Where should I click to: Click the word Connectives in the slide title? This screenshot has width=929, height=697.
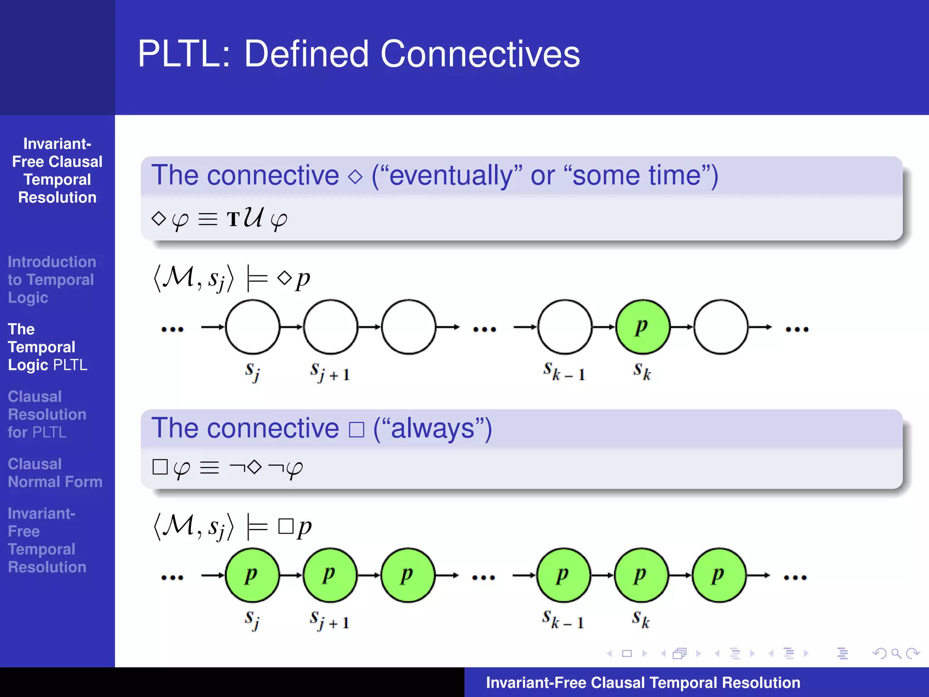(x=480, y=54)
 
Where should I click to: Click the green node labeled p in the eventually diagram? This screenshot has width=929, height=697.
(x=642, y=327)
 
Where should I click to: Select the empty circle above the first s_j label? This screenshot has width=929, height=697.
(x=253, y=327)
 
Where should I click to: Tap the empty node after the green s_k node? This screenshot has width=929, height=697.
(x=720, y=327)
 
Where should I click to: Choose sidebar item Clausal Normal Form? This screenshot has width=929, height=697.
(x=54, y=473)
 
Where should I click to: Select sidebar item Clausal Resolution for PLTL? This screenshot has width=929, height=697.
(x=47, y=414)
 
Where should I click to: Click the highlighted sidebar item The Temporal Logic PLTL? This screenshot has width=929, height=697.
(x=47, y=347)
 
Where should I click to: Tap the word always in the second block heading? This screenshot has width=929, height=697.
(x=432, y=428)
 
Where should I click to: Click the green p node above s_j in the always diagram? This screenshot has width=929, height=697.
(x=252, y=575)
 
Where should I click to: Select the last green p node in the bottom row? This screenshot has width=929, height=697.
(x=719, y=575)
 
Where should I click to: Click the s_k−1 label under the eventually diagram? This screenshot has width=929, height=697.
(x=564, y=372)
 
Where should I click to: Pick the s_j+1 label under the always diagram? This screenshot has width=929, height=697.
(x=329, y=620)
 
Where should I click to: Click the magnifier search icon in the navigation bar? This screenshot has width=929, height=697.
(x=895, y=653)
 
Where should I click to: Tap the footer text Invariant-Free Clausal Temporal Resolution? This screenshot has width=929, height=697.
(x=643, y=682)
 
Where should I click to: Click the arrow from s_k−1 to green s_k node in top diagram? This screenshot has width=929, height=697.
(x=604, y=327)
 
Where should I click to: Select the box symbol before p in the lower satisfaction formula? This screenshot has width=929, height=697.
(x=286, y=526)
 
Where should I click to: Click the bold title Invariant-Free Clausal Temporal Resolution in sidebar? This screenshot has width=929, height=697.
(x=57, y=171)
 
